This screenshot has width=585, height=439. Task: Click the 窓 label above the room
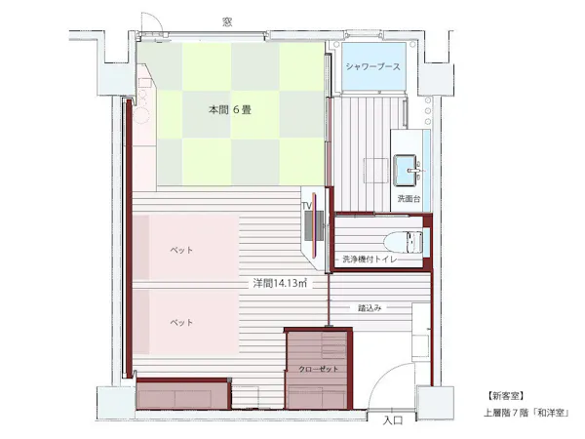pyautogui.click(x=227, y=22)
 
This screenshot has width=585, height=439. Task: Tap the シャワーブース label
pyautogui.click(x=373, y=66)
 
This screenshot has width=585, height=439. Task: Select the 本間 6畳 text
pyautogui.click(x=229, y=110)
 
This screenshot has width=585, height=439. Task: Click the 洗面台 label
pyautogui.click(x=409, y=198)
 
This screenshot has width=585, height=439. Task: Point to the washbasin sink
pyautogui.click(x=407, y=170)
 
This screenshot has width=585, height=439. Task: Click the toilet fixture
pyautogui.click(x=404, y=242)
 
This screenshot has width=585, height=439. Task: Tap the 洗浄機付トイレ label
pyautogui.click(x=370, y=259)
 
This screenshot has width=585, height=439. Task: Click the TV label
pyautogui.click(x=307, y=206)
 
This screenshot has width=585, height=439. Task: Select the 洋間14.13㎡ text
pyautogui.click(x=280, y=283)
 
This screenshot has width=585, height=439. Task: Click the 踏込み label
pyautogui.click(x=370, y=308)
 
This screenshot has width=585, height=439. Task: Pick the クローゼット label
pyautogui.click(x=318, y=369)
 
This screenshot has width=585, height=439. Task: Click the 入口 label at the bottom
pyautogui.click(x=393, y=420)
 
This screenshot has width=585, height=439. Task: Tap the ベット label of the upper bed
pyautogui.click(x=181, y=250)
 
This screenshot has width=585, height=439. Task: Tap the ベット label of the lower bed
pyautogui.click(x=181, y=322)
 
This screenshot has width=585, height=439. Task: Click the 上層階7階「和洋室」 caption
pyautogui.click(x=526, y=413)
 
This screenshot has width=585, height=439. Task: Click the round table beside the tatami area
pyautogui.click(x=141, y=114)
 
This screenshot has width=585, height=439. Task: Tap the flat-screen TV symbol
pyautogui.click(x=314, y=225)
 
